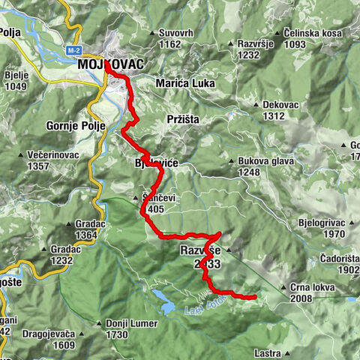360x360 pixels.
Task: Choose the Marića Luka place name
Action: click(x=183, y=83)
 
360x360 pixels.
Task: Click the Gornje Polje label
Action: click(x=73, y=124)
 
